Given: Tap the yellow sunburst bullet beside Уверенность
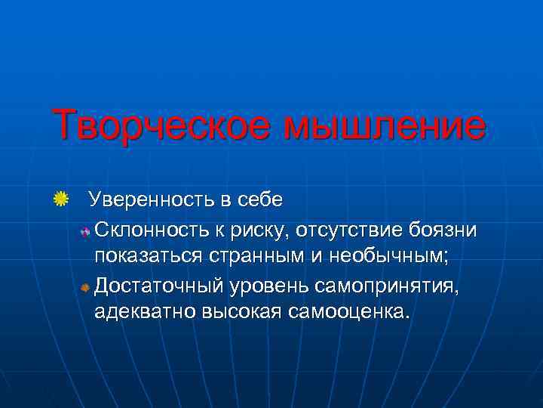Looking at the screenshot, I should pyautogui.click(x=61, y=200).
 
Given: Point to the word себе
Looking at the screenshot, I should pyautogui.click(x=259, y=201).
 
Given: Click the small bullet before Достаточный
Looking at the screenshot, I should pyautogui.click(x=85, y=287).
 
